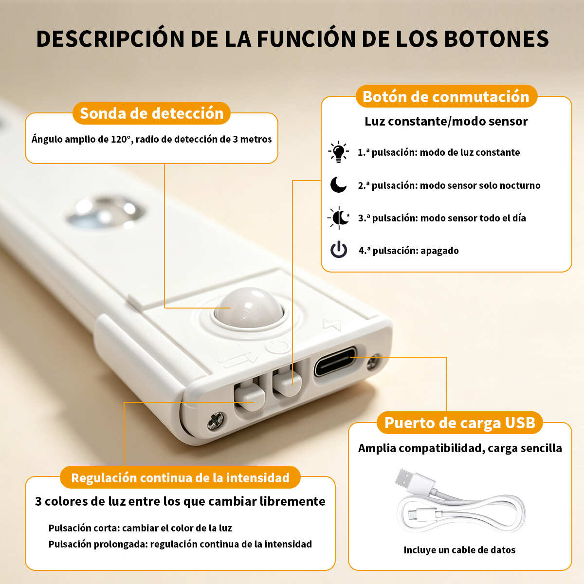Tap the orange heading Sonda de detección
(151, 113)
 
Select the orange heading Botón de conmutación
(446, 97)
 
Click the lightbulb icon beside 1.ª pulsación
(339, 152)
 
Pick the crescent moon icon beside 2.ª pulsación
(338, 185)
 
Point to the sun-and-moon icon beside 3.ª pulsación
(339, 218)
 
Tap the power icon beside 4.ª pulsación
(339, 250)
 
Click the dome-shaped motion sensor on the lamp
(249, 308)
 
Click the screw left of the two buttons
(216, 420)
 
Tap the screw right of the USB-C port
(374, 362)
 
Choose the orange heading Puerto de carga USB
(460, 423)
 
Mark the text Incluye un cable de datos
(459, 550)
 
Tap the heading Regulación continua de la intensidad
(180, 477)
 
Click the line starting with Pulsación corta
(140, 528)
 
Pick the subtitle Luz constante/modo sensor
(446, 121)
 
